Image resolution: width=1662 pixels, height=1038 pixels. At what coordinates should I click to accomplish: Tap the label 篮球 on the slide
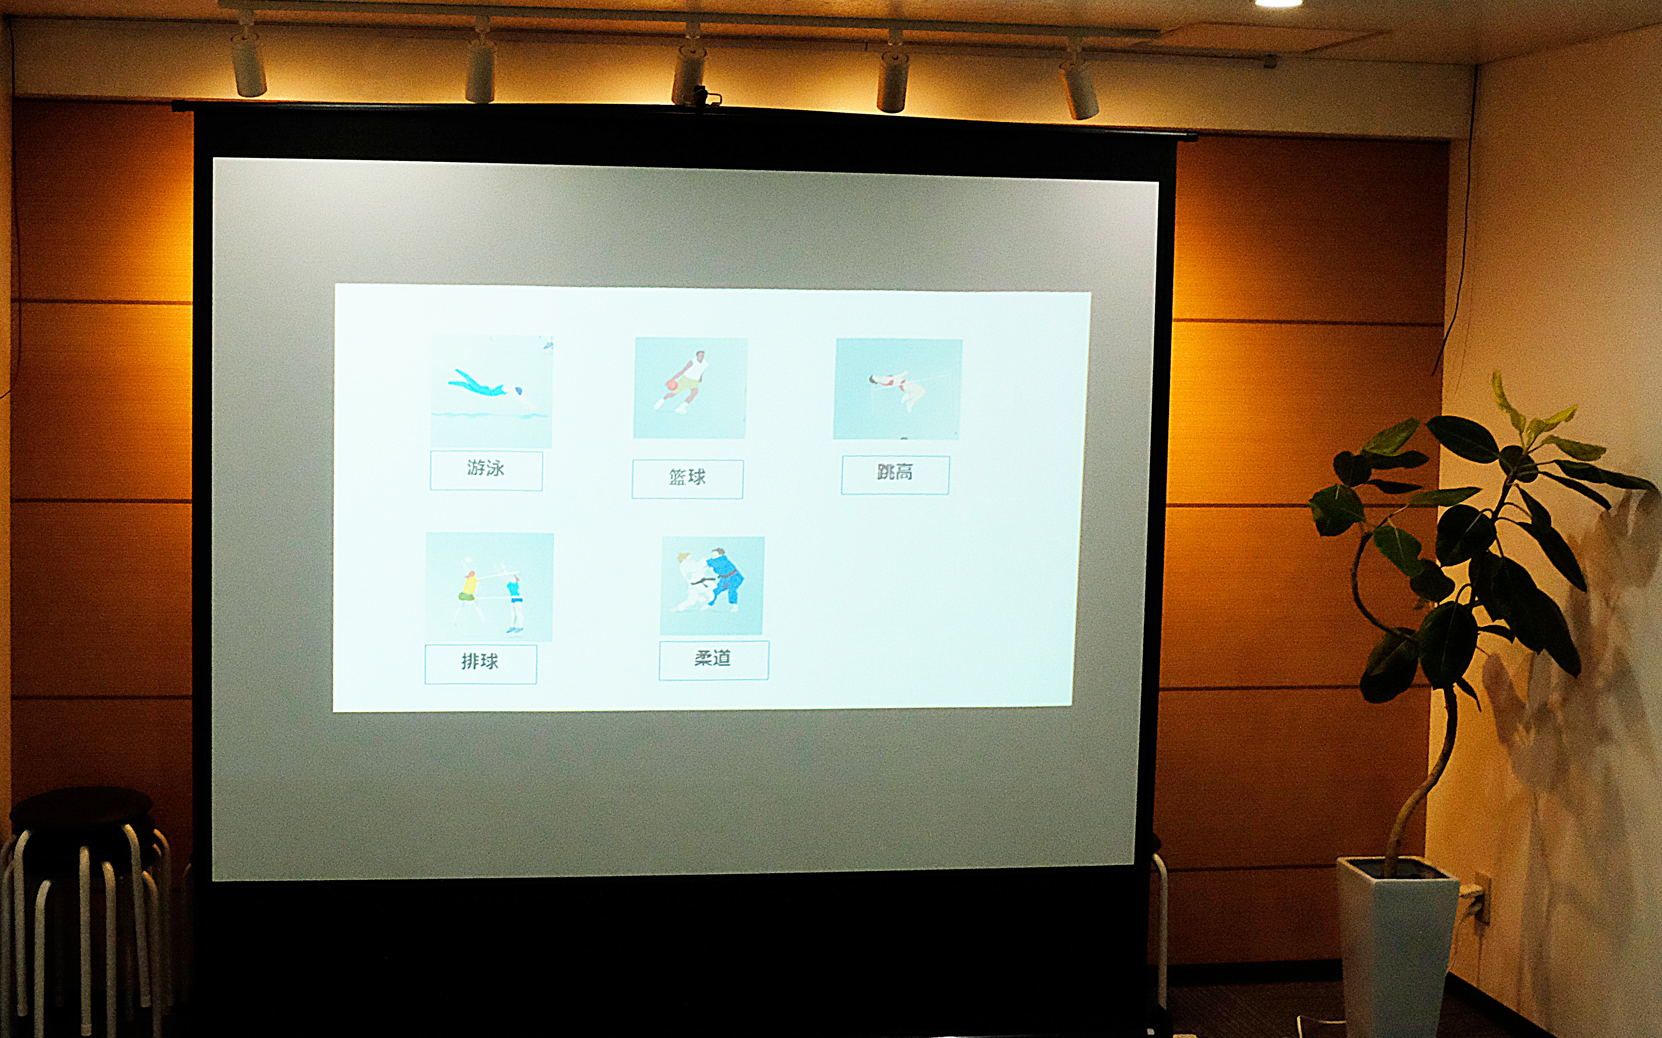(687, 477)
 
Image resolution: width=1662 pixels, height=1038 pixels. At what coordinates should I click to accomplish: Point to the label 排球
(479, 662)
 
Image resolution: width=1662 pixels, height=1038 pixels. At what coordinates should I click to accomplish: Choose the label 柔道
(712, 658)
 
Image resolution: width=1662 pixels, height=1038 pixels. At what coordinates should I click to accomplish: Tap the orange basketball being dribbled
(671, 385)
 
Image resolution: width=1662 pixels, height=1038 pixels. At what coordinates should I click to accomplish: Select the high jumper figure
(898, 389)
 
